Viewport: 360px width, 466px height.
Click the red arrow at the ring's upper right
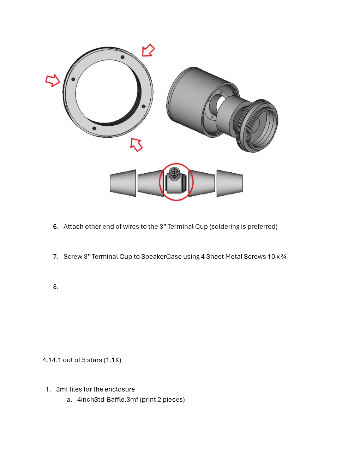(148, 50)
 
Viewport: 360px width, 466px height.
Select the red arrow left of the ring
(53, 80)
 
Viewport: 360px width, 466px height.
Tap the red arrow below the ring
(136, 144)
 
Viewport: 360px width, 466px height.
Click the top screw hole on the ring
(122, 57)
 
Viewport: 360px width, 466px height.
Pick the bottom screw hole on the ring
(94, 128)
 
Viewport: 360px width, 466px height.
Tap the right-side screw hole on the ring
(143, 106)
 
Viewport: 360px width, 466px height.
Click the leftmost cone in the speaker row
(123, 183)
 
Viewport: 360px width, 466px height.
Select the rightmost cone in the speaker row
(229, 183)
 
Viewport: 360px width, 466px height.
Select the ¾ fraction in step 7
(284, 257)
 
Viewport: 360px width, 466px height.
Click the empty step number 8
(56, 287)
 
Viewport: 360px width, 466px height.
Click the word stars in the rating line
(94, 360)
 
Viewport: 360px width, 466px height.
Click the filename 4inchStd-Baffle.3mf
(108, 400)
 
